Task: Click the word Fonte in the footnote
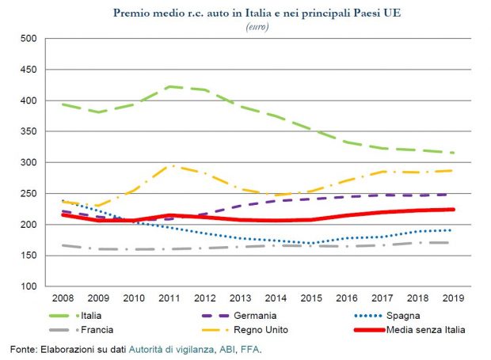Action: click(25, 349)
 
